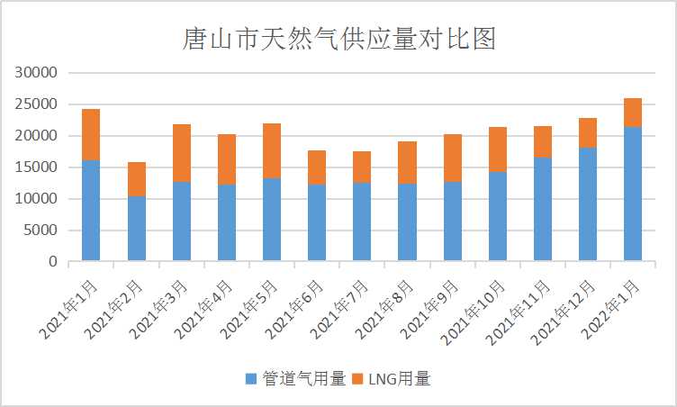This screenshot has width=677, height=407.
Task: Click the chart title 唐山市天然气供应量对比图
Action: tap(338, 40)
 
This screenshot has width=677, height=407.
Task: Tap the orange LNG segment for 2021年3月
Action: tap(181, 153)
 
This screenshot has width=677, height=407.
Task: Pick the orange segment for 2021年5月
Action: tap(272, 150)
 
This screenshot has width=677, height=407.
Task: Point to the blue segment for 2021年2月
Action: tap(136, 229)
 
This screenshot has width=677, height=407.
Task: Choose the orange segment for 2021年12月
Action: tap(588, 132)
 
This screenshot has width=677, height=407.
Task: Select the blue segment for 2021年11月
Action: tap(543, 209)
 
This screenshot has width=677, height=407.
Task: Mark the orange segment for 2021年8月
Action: tap(407, 162)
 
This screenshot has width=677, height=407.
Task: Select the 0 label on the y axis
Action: tap(53, 262)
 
